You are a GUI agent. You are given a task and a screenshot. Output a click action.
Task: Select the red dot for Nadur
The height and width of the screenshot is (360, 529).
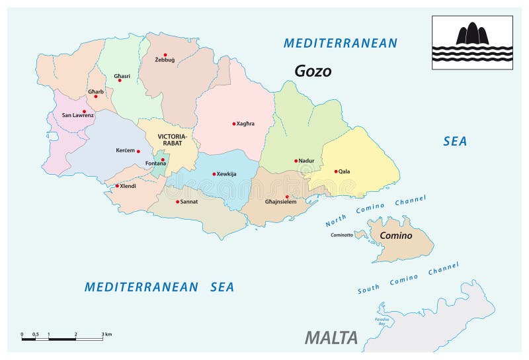[x=296, y=161]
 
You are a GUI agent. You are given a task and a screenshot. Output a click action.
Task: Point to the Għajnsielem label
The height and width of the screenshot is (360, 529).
[x=280, y=202]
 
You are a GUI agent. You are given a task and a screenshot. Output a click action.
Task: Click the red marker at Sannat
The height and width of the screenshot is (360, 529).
[x=177, y=202]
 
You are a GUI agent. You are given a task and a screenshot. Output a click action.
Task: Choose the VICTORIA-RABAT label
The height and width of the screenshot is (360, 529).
[x=173, y=140]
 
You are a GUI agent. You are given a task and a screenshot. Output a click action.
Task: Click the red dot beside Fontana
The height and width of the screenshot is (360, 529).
[x=163, y=159]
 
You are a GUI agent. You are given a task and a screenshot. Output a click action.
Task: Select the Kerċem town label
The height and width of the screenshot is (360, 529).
[x=125, y=151]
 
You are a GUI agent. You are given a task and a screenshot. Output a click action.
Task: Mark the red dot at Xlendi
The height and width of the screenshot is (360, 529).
[x=117, y=186]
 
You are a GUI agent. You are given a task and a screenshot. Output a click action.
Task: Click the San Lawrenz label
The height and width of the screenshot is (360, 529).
[x=77, y=116]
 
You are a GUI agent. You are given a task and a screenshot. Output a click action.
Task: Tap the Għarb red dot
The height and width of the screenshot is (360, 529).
[x=95, y=97]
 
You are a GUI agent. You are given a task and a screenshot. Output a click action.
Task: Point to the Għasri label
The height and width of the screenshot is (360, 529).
[x=121, y=75]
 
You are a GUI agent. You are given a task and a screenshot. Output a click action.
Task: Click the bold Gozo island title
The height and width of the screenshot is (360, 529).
[x=313, y=71]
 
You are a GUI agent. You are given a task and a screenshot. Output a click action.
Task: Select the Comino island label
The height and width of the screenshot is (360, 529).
[x=395, y=236]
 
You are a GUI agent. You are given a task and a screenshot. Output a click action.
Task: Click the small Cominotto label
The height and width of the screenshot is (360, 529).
[x=340, y=235]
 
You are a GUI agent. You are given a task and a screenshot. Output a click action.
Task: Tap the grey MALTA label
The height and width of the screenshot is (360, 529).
[x=331, y=337]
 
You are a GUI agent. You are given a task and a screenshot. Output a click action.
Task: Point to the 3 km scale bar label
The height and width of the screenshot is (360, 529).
[x=106, y=335]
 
